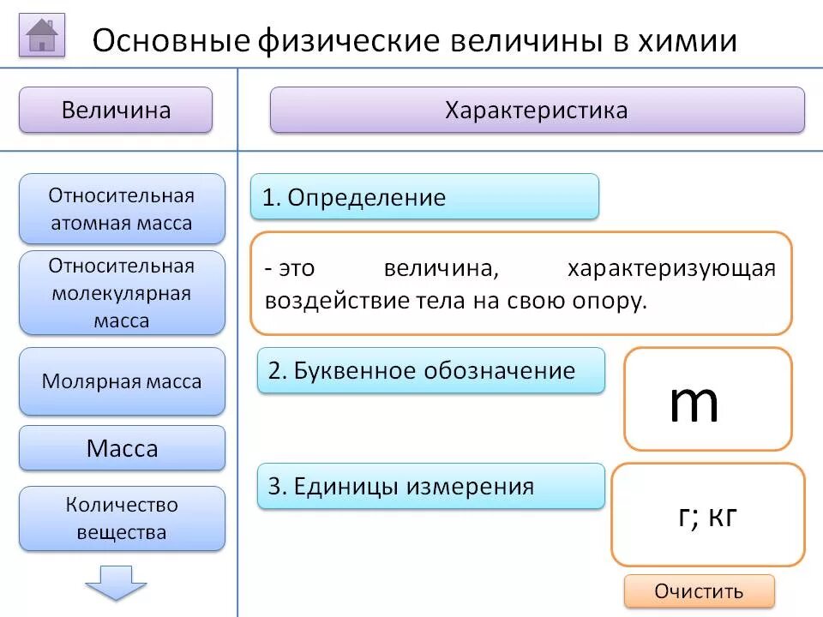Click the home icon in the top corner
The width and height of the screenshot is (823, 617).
click(42, 36)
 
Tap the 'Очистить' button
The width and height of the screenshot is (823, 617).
click(699, 591)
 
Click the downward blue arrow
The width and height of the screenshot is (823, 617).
click(116, 582)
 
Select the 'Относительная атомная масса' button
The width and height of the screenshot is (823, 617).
click(122, 209)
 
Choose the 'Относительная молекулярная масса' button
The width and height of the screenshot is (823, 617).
click(122, 293)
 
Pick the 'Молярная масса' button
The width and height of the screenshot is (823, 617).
click(122, 381)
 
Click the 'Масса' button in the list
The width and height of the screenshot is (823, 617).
click(122, 448)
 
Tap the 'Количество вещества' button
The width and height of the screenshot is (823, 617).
click(122, 518)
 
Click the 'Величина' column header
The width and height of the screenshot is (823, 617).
click(116, 110)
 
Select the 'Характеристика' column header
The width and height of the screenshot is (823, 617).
click(537, 110)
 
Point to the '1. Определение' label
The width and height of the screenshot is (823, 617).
click(424, 197)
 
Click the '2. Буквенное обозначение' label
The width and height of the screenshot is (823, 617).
click(430, 370)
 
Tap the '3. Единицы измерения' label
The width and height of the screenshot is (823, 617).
click(430, 486)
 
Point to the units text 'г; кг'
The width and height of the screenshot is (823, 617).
click(707, 516)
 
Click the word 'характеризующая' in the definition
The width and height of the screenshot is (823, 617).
click(671, 269)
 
